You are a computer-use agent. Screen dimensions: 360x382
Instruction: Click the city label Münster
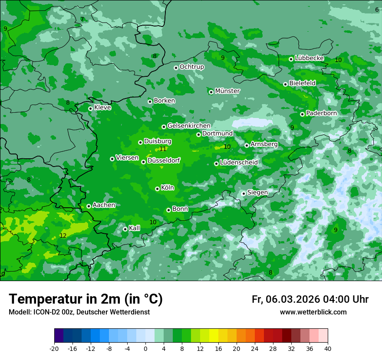coord(227,91)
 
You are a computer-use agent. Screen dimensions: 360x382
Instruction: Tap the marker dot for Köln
coord(158,189)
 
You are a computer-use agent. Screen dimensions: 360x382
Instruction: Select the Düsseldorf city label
coord(164,161)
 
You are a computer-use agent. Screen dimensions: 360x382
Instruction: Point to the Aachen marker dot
coord(89,206)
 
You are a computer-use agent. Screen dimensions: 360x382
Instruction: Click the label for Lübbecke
coord(309,58)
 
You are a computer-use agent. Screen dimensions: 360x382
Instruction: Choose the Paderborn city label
coord(321,113)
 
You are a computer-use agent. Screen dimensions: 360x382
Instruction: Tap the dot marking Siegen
coord(244,193)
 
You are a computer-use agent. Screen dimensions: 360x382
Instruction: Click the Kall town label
coord(134,228)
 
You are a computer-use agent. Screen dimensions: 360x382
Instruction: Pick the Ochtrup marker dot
coord(176,68)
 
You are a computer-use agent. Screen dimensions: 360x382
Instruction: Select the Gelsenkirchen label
coord(189,126)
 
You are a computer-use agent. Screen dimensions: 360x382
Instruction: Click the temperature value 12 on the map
coord(63,236)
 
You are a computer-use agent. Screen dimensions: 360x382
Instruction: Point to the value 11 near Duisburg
coord(163,149)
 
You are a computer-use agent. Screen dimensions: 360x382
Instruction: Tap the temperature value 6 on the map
coord(377,10)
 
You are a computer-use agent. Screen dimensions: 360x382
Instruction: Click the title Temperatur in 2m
coord(86,299)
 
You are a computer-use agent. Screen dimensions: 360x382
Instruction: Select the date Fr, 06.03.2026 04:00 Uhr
coord(310,299)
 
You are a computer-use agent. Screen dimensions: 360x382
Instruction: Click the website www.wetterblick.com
coord(313,312)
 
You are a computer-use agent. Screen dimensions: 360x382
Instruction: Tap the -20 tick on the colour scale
coord(54,348)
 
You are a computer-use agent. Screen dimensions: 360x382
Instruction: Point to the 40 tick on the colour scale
coord(327,348)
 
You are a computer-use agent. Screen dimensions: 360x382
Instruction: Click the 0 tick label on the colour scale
coord(145,348)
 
